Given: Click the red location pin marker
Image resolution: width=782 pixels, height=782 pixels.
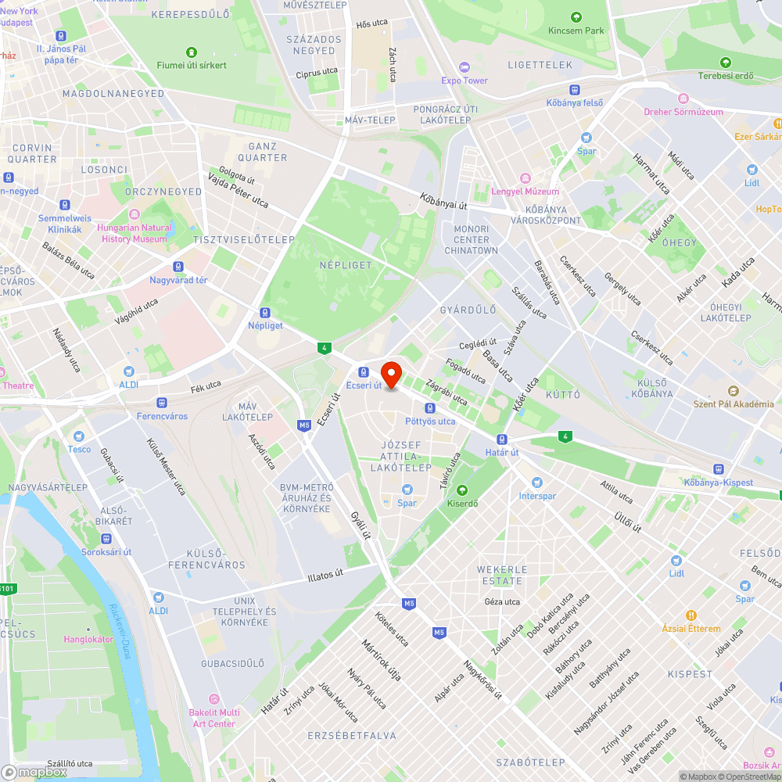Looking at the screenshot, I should click(390, 374).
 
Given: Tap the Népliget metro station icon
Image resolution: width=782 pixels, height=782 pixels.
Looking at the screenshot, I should click(266, 312).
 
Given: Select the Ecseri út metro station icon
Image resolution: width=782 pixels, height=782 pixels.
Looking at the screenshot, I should click(364, 371).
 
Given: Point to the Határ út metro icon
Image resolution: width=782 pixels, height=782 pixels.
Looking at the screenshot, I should click(501, 439).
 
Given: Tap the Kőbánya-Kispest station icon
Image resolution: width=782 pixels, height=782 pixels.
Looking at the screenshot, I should click(718, 468).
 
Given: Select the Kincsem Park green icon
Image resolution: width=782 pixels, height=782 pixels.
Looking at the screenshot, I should click(576, 17).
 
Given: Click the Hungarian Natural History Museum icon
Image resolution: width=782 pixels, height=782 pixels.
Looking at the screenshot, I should click(134, 214).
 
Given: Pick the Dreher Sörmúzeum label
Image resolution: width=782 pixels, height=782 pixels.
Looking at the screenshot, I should click(683, 112).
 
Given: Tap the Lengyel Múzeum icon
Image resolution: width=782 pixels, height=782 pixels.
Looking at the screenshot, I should click(526, 179).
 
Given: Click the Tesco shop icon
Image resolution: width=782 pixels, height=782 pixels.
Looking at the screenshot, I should click(79, 436).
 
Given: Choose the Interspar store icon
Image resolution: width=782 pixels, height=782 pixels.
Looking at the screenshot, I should click(536, 482).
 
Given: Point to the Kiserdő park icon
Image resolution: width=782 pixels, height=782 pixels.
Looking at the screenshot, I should click(462, 490).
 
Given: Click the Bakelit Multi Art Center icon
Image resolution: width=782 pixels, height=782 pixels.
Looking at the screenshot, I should click(214, 698).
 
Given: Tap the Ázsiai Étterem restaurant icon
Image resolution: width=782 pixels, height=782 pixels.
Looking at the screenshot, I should click(691, 615).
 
